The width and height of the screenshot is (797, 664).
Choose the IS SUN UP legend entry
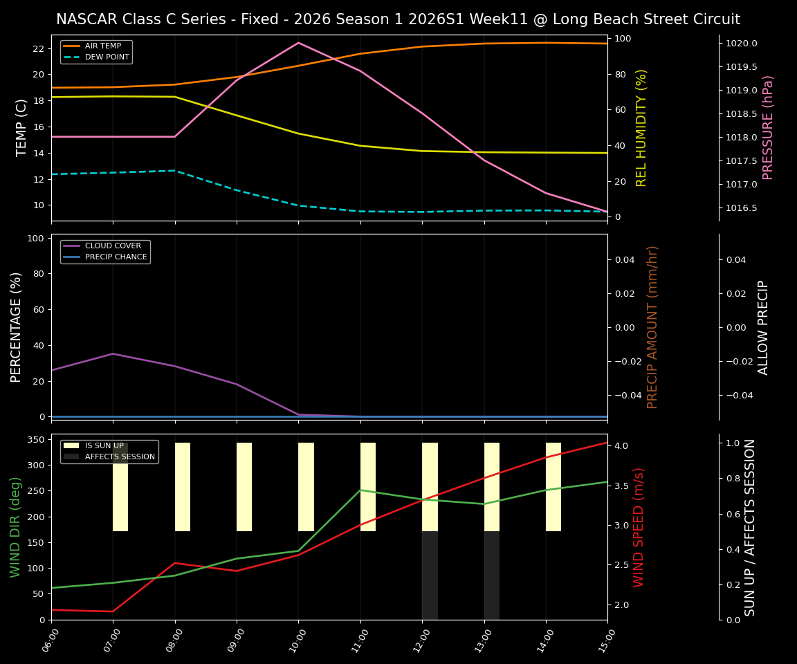click(104, 446)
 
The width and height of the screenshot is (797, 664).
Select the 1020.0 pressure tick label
click(741, 44)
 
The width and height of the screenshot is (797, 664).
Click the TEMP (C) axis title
click(22, 127)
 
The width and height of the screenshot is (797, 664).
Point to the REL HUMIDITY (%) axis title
click(641, 127)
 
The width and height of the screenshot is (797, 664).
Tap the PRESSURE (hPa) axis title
click(768, 127)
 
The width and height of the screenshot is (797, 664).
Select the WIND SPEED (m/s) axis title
click(639, 527)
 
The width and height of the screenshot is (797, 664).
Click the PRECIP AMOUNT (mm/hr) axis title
click(652, 326)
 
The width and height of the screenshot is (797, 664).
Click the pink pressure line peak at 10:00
click(298, 43)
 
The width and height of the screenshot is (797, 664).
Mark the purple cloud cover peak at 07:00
click(113, 354)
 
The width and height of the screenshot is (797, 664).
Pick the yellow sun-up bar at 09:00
click(244, 487)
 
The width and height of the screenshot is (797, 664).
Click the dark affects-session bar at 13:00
click(492, 575)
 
